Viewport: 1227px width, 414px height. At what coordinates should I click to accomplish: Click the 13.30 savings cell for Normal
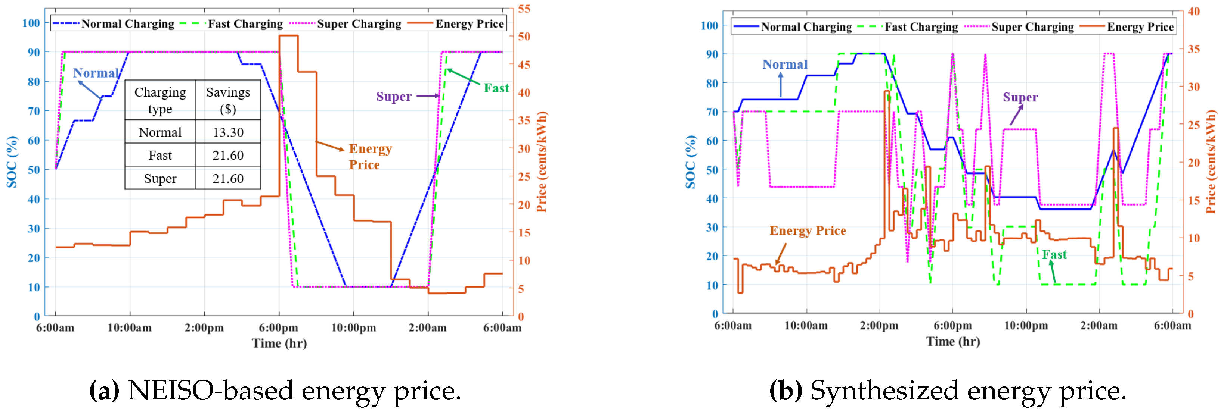coord(228,132)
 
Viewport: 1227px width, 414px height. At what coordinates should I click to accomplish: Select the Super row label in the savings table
coord(160,178)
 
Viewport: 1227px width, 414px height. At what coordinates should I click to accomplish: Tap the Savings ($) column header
coord(228,100)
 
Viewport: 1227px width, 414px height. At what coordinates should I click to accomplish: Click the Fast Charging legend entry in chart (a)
coord(245,24)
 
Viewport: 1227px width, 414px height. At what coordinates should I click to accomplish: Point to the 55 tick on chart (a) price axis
coord(524,9)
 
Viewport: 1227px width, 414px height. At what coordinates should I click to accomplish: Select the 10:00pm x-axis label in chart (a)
coord(353,328)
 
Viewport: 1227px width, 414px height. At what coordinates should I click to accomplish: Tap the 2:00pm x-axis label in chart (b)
coord(879,326)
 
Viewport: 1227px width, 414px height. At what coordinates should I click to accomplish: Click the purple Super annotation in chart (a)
coord(393,97)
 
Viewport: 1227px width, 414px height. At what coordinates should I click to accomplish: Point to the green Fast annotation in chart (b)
coord(1054,255)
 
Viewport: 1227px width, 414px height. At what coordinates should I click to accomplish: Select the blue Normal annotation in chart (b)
coord(784,64)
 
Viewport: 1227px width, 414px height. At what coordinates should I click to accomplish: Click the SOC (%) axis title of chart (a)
coord(12,162)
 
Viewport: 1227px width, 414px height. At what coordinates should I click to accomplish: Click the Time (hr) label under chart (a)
coord(279,344)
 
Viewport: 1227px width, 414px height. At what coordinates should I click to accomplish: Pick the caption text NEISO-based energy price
coord(294,391)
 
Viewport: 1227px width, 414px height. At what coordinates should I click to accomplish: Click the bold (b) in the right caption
coord(786,391)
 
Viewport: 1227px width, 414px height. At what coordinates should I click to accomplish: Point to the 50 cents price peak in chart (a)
coord(289,36)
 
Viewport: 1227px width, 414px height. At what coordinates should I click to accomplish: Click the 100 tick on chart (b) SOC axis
coord(709,26)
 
